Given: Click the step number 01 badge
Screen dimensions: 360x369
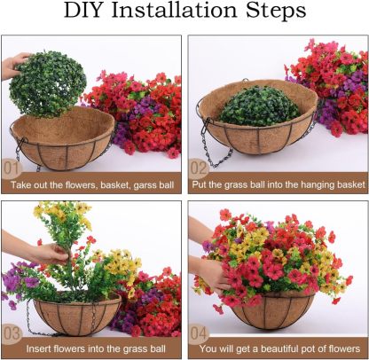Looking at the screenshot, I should pyautogui.click(x=12, y=167).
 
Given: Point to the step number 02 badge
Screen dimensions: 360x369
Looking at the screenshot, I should pyautogui.click(x=200, y=167).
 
